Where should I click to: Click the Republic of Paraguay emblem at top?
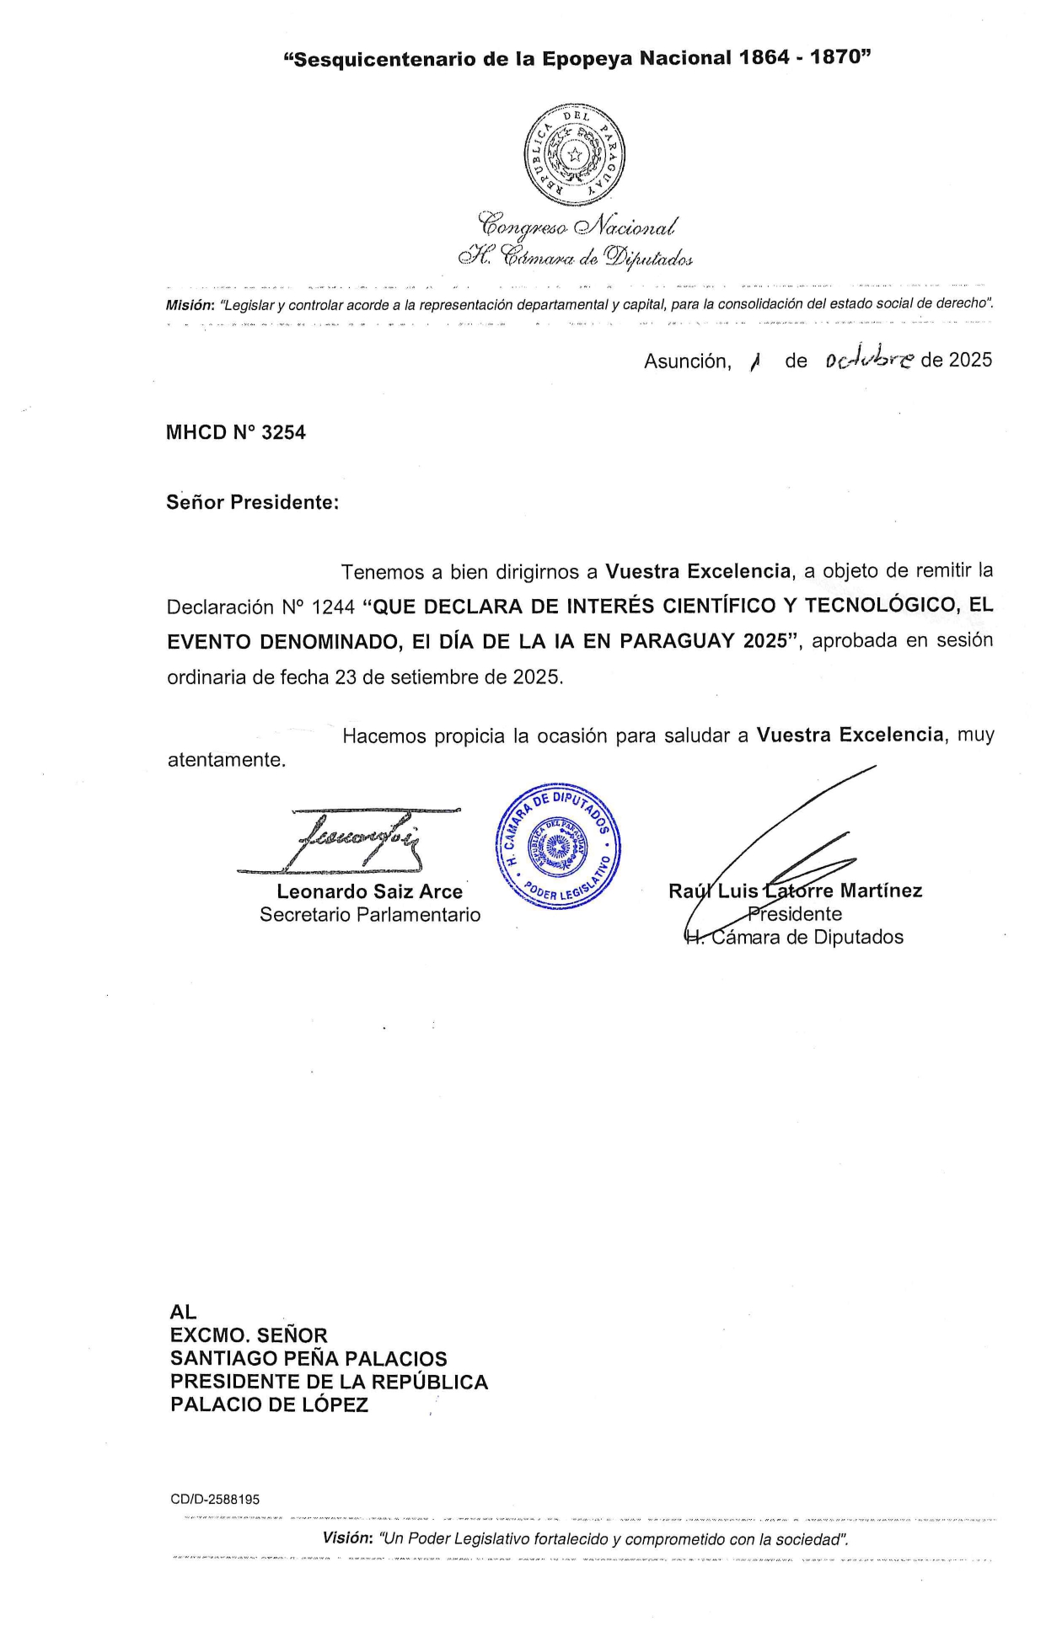coord(574,154)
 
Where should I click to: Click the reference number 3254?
coord(283,433)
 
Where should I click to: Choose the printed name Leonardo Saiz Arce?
coord(369,891)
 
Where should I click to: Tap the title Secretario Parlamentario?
coord(369,915)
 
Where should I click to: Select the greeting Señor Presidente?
coord(252,503)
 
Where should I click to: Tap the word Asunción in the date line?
coord(687,361)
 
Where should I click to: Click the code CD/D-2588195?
coord(215,1500)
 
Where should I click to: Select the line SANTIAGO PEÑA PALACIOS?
coord(308,1359)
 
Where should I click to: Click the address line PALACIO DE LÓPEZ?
coord(269,1405)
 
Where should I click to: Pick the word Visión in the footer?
coord(346,1538)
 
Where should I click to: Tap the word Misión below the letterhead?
coord(190,304)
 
